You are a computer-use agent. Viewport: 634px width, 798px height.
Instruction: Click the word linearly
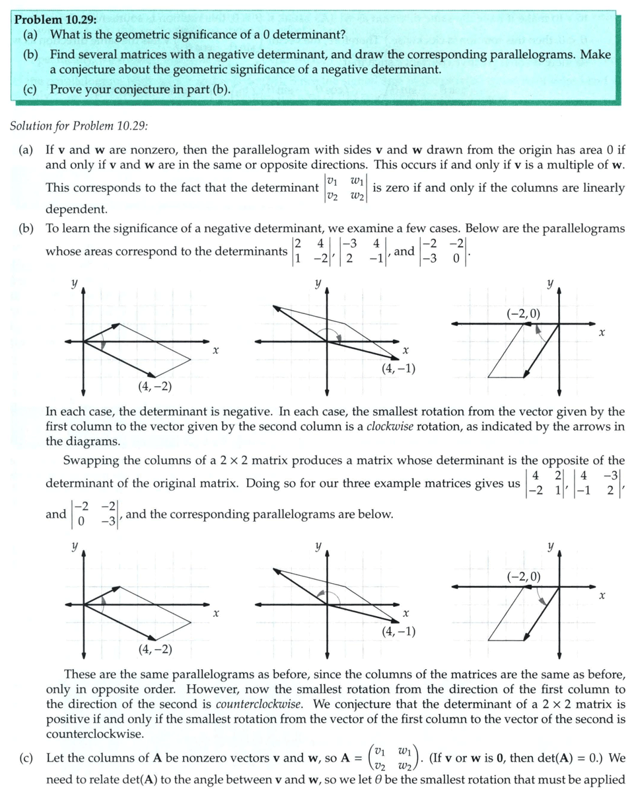point(602,188)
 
